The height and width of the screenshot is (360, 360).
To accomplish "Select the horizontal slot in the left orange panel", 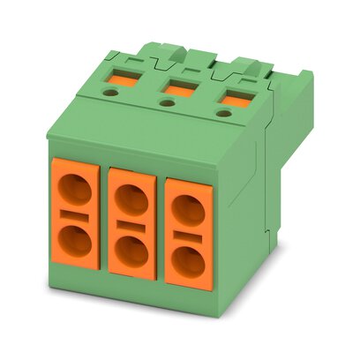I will click(76, 214).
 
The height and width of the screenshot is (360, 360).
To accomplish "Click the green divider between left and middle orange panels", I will click(103, 221).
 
